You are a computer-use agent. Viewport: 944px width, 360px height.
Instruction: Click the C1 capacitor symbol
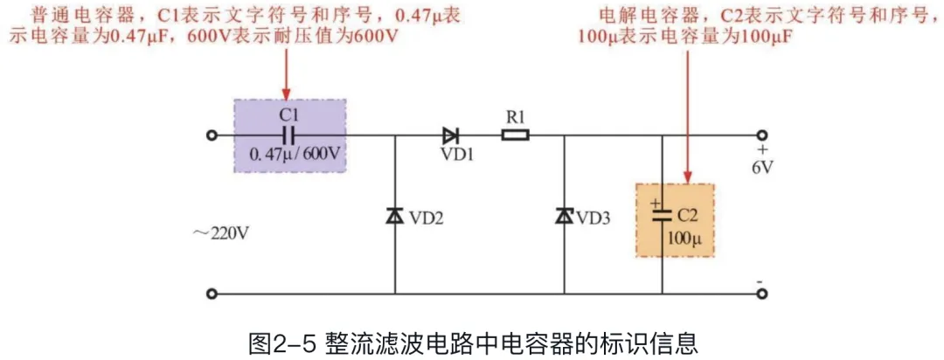click(x=289, y=135)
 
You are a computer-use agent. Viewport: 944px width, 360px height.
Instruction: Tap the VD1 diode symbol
click(x=450, y=135)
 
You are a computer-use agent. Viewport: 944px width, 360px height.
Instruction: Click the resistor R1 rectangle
click(x=515, y=135)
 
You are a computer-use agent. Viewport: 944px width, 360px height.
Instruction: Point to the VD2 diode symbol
click(x=394, y=216)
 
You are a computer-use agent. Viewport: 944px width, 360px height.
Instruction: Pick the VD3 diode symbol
click(x=564, y=216)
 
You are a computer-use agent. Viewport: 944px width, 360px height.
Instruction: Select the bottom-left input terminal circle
click(x=211, y=294)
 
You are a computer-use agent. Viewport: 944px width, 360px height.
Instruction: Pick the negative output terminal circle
click(x=762, y=294)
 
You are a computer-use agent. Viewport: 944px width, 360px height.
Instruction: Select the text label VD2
click(x=427, y=218)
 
